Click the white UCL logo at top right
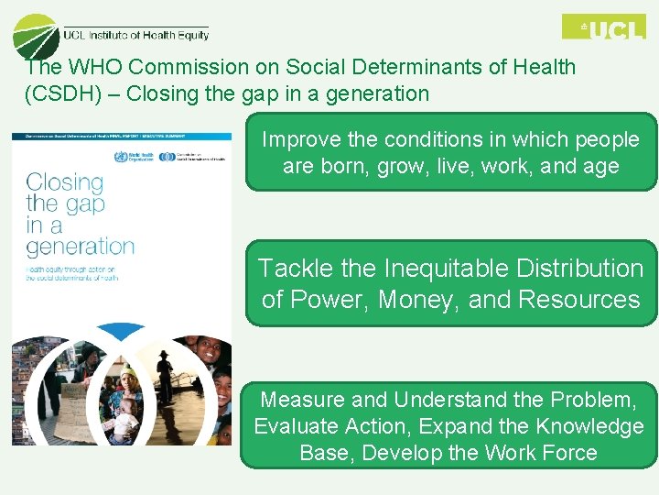pyautogui.click(x=603, y=27)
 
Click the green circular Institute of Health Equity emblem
pyautogui.click(x=36, y=37)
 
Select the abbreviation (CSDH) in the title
pyautogui.click(x=56, y=93)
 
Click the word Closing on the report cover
pyautogui.click(x=64, y=182)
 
